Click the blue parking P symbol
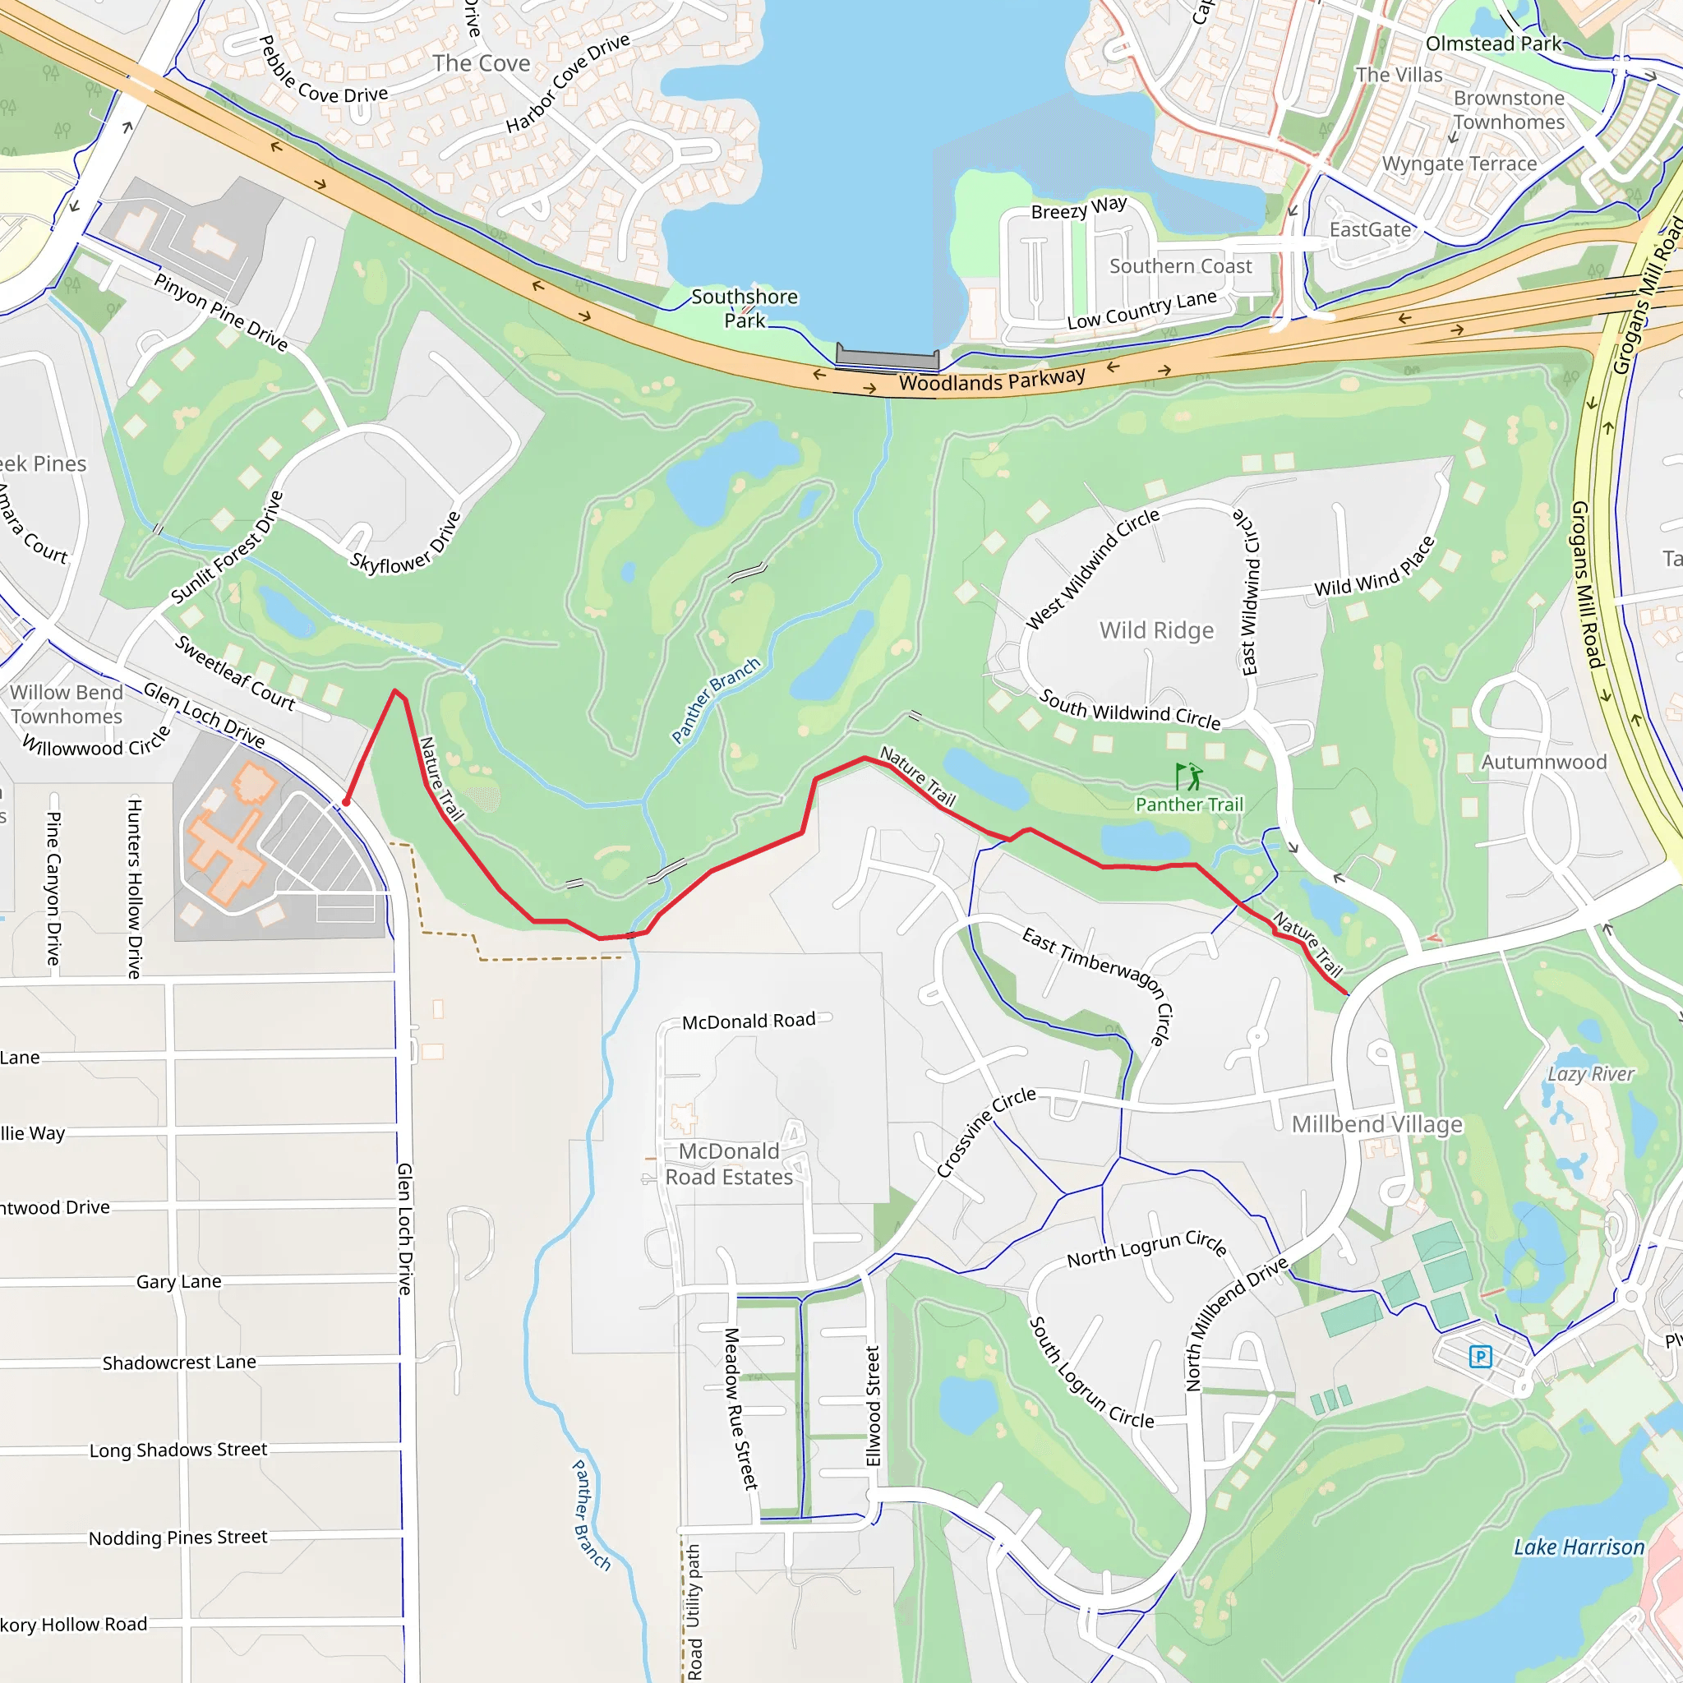tap(1481, 1356)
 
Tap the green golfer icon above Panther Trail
tap(1189, 774)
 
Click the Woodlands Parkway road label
tap(991, 380)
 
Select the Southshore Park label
tap(744, 308)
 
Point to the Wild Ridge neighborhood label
tap(1156, 629)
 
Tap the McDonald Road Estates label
tap(729, 1164)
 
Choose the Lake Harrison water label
tap(1579, 1547)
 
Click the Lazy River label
tap(1591, 1074)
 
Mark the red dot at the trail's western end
tap(346, 802)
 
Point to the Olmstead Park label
tap(1493, 44)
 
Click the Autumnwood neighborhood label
tap(1543, 763)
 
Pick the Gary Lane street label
tap(178, 1281)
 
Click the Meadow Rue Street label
tap(741, 1409)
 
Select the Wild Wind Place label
tap(1374, 568)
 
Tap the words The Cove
tap(481, 63)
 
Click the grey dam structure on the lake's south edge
tap(887, 358)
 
